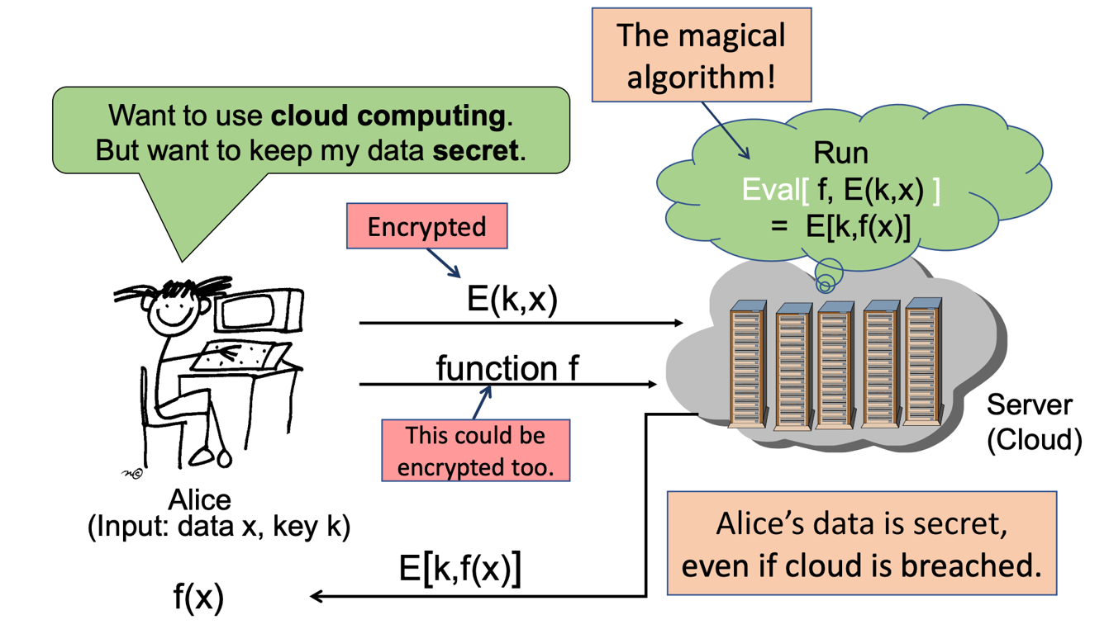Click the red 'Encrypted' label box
426,228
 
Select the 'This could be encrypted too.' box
474,451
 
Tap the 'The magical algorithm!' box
702,55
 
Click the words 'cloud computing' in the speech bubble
388,116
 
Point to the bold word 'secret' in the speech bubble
479,151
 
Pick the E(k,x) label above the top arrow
512,299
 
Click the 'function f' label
507,368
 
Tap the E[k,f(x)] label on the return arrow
459,570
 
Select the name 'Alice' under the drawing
199,499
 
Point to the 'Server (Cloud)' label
1033,423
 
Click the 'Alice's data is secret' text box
861,543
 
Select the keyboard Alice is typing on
240,357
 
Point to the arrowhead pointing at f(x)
316,596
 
